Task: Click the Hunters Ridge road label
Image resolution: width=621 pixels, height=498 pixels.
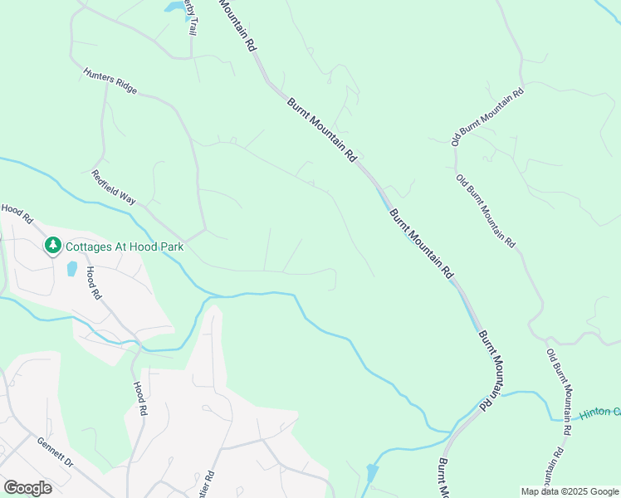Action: pyautogui.click(x=110, y=81)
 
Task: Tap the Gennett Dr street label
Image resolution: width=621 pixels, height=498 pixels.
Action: pyautogui.click(x=56, y=452)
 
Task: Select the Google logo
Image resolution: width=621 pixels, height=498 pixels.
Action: pyautogui.click(x=27, y=488)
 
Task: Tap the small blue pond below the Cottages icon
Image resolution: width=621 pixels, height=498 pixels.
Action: pyautogui.click(x=71, y=269)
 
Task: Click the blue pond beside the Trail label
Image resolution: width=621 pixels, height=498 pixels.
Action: pyautogui.click(x=175, y=7)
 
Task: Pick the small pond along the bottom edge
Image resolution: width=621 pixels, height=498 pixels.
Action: pyautogui.click(x=372, y=474)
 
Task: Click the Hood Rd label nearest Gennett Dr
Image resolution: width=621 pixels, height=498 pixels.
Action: pyautogui.click(x=140, y=398)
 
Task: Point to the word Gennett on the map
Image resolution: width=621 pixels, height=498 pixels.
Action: pyautogui.click(x=49, y=447)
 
